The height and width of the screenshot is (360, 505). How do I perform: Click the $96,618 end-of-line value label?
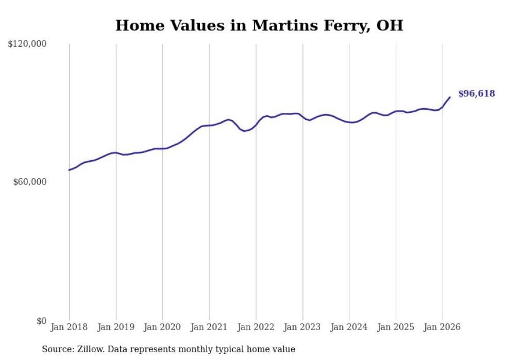click(x=476, y=93)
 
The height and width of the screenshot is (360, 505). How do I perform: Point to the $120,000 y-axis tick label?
click(x=27, y=44)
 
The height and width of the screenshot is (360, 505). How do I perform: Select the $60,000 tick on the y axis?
click(x=29, y=182)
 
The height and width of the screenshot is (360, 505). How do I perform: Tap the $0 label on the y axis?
click(x=41, y=321)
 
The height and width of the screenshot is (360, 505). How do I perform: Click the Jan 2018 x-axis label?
click(x=69, y=327)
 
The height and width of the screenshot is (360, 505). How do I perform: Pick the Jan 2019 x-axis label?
click(x=116, y=327)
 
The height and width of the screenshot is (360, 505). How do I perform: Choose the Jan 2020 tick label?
click(x=162, y=327)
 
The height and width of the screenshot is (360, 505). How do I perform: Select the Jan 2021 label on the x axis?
click(x=209, y=327)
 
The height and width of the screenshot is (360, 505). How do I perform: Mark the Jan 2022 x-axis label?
click(x=256, y=327)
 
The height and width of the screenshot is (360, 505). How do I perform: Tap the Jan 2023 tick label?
click(x=302, y=327)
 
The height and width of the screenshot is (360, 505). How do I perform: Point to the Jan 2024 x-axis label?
click(x=349, y=327)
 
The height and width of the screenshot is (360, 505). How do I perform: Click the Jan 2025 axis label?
click(x=396, y=327)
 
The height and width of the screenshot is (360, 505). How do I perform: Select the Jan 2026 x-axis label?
click(x=443, y=327)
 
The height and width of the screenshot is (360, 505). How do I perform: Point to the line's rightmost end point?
click(x=450, y=97)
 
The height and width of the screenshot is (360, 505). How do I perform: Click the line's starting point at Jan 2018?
click(x=69, y=170)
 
